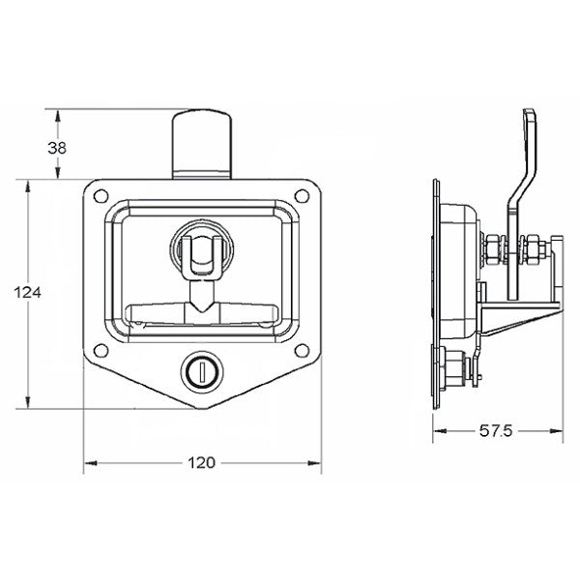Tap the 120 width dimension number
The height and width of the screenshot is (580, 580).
[x=201, y=463]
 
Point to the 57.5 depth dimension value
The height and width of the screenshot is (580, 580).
[x=497, y=429]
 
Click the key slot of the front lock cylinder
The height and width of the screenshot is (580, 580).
[x=201, y=370]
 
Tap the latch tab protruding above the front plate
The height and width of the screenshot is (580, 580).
[x=201, y=143]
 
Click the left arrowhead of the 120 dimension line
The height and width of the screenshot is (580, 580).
[x=90, y=463]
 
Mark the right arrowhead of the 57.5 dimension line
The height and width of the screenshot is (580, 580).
[x=560, y=429]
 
